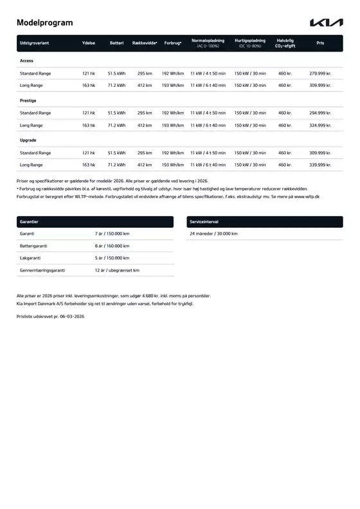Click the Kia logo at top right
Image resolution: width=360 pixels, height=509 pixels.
(x=327, y=23)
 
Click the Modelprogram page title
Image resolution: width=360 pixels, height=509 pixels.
(x=44, y=23)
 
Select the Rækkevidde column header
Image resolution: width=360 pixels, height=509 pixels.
(x=145, y=43)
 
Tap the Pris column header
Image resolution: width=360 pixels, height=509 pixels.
(x=320, y=43)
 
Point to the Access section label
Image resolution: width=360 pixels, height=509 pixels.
(x=27, y=60)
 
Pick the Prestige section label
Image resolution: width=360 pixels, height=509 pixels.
(x=28, y=100)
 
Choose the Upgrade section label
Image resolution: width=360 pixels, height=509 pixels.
(x=28, y=140)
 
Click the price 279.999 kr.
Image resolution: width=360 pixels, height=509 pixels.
(x=320, y=73)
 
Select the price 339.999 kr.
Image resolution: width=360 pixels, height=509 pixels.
(x=320, y=165)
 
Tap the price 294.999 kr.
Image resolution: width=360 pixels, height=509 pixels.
(x=320, y=113)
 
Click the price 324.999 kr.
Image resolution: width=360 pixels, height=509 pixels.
(x=320, y=125)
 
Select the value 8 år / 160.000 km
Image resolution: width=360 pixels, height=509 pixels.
(x=112, y=246)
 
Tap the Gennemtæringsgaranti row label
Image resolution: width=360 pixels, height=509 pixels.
(x=42, y=270)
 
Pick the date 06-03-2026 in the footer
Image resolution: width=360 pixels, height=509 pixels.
(x=69, y=317)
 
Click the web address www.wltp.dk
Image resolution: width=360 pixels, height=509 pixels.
(x=313, y=196)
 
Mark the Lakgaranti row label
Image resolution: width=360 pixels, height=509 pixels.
(x=31, y=258)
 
